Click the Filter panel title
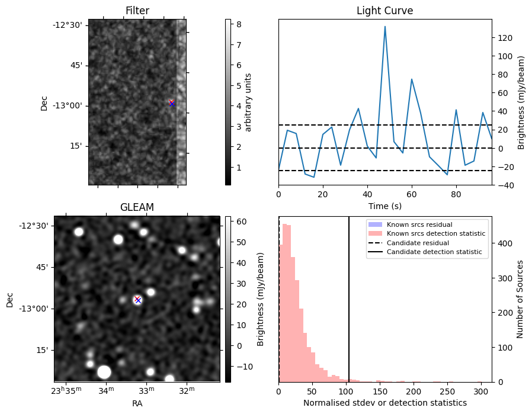137,11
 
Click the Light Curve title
384,11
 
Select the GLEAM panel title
137,207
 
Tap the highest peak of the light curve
385,27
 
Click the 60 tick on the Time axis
412,194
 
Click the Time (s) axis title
384,206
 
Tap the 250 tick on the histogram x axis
447,391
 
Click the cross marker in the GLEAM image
138,300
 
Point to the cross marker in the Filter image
172,103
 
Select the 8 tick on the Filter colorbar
239,24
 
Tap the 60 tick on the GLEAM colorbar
242,222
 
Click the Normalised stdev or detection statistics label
385,403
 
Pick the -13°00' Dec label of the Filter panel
68,106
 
